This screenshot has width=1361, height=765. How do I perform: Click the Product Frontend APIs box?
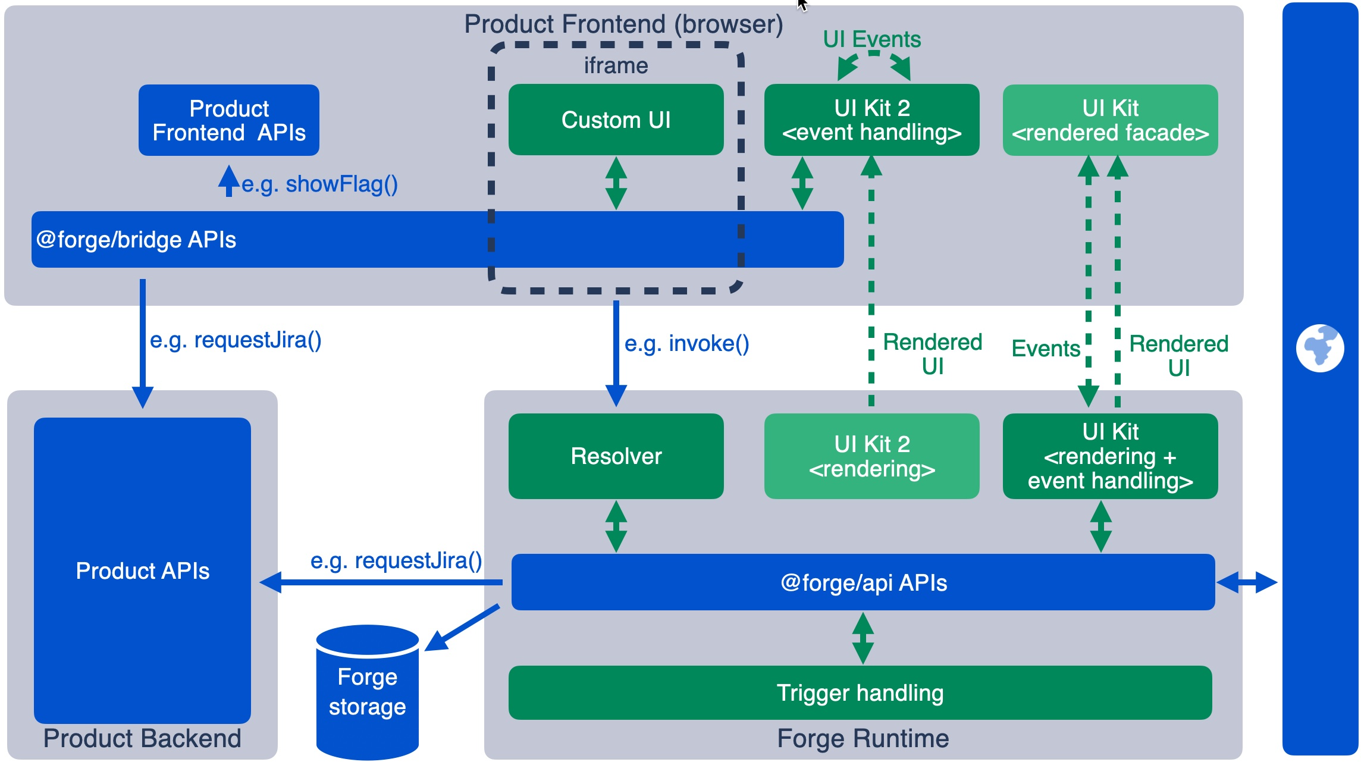(x=229, y=120)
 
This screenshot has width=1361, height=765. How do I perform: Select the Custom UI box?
(x=616, y=120)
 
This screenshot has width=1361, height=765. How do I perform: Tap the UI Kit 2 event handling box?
(x=871, y=120)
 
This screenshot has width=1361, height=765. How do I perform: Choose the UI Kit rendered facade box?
(x=1110, y=120)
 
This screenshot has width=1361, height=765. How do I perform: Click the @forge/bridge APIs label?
(x=136, y=240)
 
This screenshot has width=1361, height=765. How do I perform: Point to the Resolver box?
(x=616, y=456)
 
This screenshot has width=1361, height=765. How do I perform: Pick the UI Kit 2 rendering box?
(x=871, y=456)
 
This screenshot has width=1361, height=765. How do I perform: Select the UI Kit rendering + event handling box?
(x=1110, y=456)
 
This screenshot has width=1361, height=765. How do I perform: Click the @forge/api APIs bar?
(x=863, y=582)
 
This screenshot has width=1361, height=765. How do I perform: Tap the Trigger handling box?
(x=860, y=693)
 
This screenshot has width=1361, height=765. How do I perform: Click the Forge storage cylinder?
(x=367, y=692)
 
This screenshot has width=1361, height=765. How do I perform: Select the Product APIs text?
(x=143, y=571)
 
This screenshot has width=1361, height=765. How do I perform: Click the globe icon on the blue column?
(x=1320, y=348)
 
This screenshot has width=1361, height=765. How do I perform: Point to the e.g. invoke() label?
(x=686, y=344)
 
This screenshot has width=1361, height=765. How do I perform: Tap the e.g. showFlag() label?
(x=319, y=184)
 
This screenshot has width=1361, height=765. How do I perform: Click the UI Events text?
(x=871, y=39)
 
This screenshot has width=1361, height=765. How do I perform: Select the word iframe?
(x=616, y=65)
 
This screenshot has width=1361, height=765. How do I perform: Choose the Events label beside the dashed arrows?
(x=1046, y=349)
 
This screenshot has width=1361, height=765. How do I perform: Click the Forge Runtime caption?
(x=863, y=739)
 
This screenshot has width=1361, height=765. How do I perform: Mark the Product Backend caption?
(x=142, y=739)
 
